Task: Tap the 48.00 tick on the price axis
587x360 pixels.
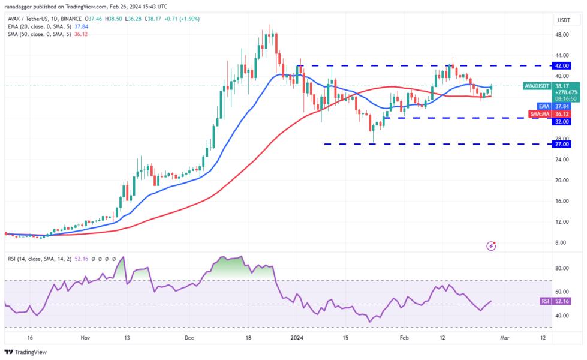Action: tap(562, 35)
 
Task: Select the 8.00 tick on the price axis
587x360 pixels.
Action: tap(561, 242)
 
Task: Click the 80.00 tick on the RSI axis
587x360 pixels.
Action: tap(562, 269)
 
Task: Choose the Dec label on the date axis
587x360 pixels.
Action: tap(189, 338)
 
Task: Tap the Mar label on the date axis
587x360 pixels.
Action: tap(505, 338)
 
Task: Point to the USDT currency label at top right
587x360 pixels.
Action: tap(563, 20)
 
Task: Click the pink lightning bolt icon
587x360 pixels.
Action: tap(492, 245)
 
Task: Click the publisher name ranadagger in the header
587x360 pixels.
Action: tap(23, 6)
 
